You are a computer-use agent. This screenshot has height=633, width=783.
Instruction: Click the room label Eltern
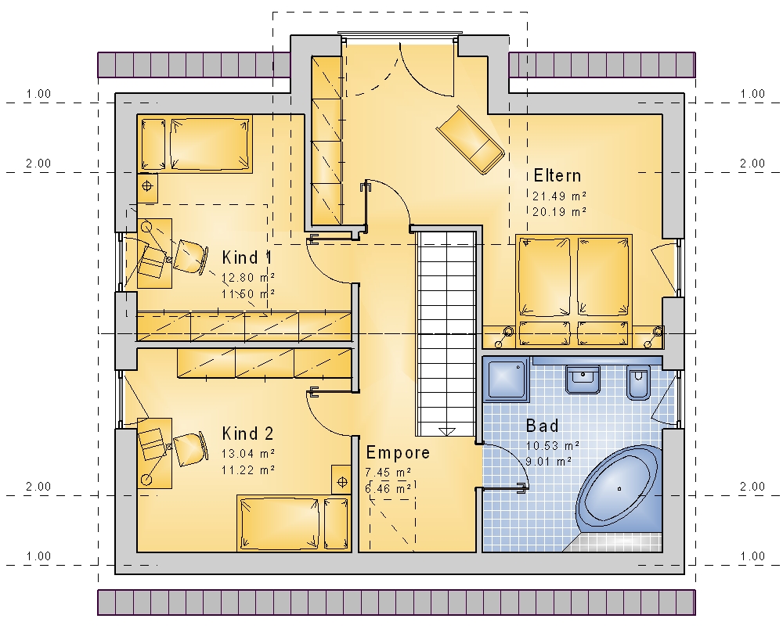click(557, 175)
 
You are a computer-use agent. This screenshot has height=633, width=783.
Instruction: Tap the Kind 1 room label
click(247, 258)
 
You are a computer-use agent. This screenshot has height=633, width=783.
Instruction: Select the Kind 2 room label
click(247, 433)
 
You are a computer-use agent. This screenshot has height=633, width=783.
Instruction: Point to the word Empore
click(398, 452)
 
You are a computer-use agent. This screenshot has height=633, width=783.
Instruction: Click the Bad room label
click(543, 426)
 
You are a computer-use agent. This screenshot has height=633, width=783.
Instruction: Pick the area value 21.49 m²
click(559, 196)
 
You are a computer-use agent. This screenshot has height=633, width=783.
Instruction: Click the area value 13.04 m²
click(248, 453)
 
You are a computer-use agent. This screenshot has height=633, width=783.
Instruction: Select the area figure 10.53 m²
click(552, 445)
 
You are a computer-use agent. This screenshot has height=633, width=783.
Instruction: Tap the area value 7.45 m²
click(388, 472)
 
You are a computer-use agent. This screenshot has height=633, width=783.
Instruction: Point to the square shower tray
click(507, 379)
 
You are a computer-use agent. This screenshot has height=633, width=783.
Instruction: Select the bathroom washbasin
click(583, 379)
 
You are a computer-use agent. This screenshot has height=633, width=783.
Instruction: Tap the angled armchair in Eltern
click(470, 140)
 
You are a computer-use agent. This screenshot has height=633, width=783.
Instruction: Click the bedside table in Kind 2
click(341, 480)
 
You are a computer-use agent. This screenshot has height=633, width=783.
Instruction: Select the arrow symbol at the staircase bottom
click(446, 431)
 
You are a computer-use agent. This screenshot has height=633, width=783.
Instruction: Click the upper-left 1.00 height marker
click(38, 94)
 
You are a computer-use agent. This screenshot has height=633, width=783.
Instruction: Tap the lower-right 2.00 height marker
click(752, 487)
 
